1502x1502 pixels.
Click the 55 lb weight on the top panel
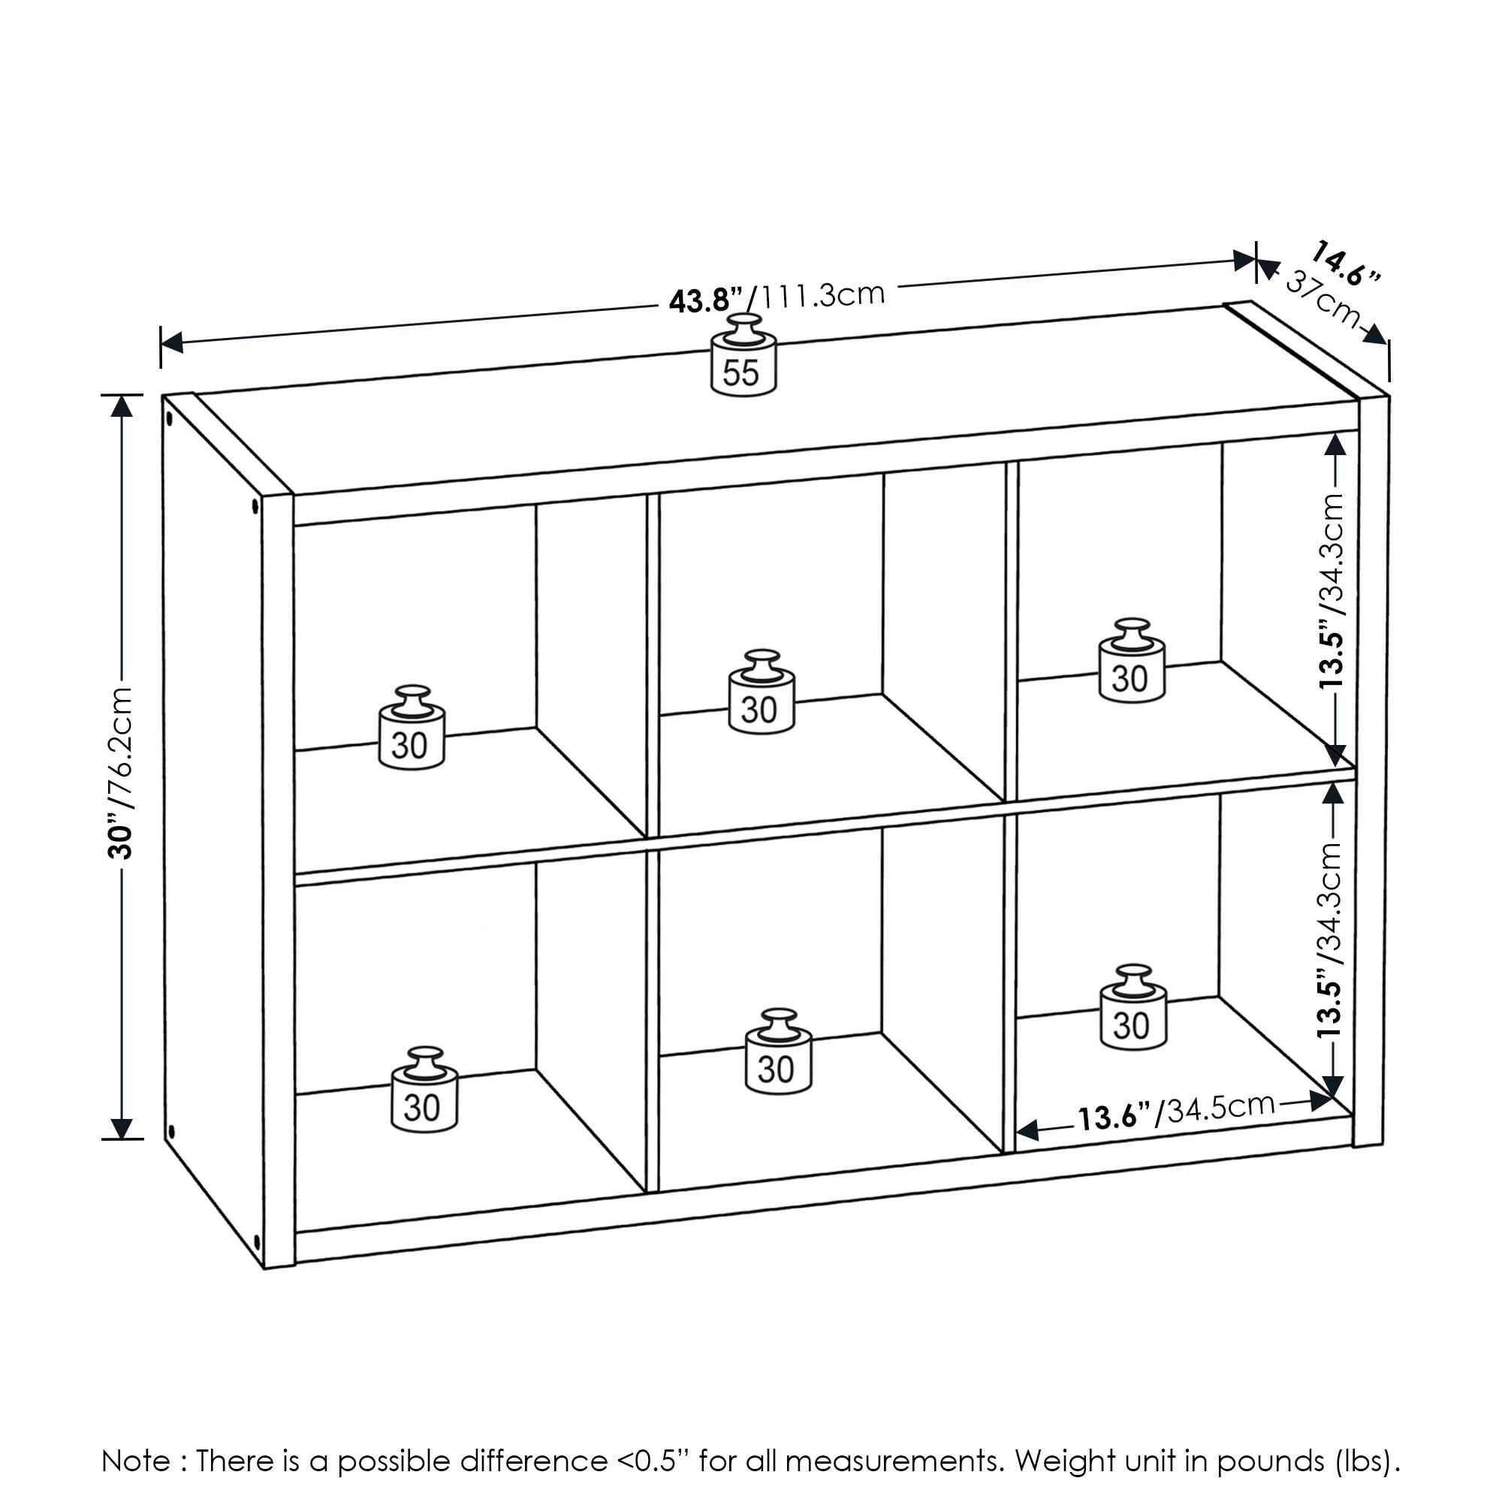coord(743,360)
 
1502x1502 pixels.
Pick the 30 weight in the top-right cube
coord(1131,665)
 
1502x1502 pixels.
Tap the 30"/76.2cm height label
coord(121,772)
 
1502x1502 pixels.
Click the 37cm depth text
coord(1323,299)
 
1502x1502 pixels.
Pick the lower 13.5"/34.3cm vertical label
coord(1331,941)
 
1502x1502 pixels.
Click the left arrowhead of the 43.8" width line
coord(171,342)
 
